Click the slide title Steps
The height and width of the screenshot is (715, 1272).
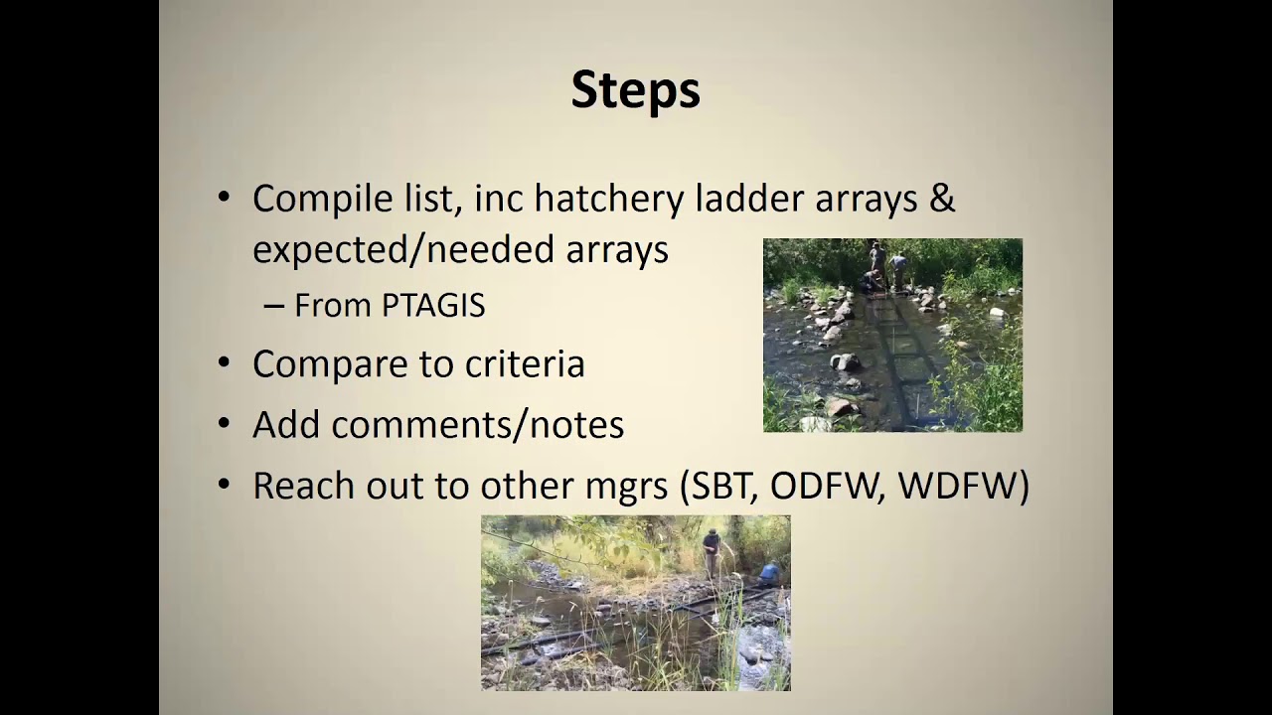point(635,90)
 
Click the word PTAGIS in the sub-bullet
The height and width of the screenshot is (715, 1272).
point(432,306)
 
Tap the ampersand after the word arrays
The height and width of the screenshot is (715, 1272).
point(941,199)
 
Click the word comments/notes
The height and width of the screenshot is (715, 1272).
point(477,425)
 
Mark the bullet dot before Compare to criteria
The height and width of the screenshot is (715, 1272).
point(225,364)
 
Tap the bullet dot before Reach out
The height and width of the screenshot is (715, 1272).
point(225,487)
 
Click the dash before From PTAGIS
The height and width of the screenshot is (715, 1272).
point(274,307)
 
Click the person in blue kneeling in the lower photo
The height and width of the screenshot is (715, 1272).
point(769,574)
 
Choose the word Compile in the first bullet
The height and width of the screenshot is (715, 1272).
point(309,200)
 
